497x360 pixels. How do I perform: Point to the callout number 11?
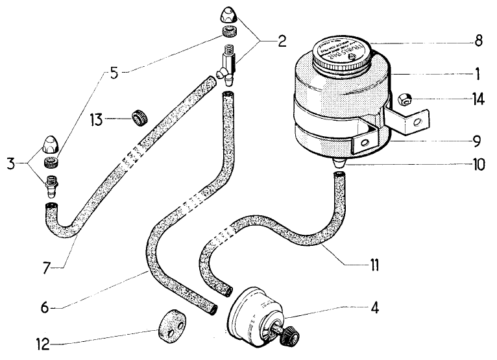[376, 265]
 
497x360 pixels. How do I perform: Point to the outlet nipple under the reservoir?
[339, 163]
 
